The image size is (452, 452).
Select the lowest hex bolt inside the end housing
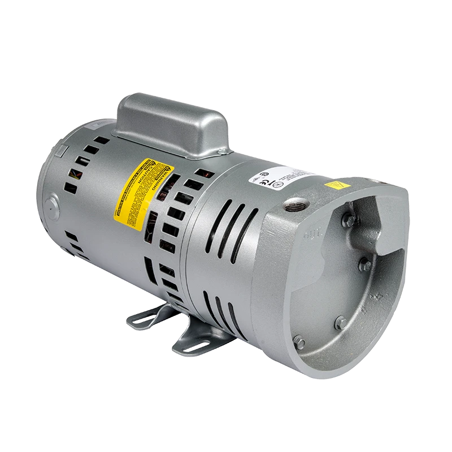pos(299,342)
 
